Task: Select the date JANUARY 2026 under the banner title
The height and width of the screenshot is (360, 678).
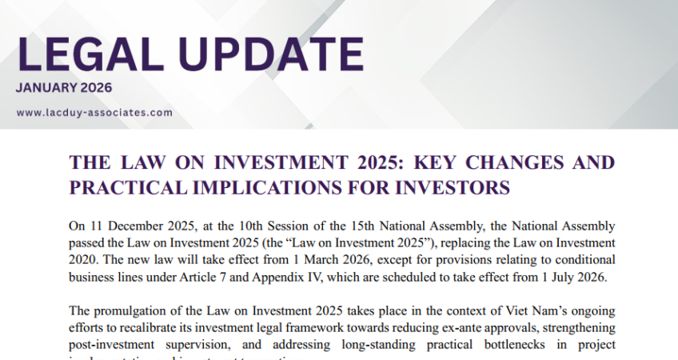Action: click(x=64, y=88)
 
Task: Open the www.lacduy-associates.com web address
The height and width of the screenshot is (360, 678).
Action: click(x=94, y=113)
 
